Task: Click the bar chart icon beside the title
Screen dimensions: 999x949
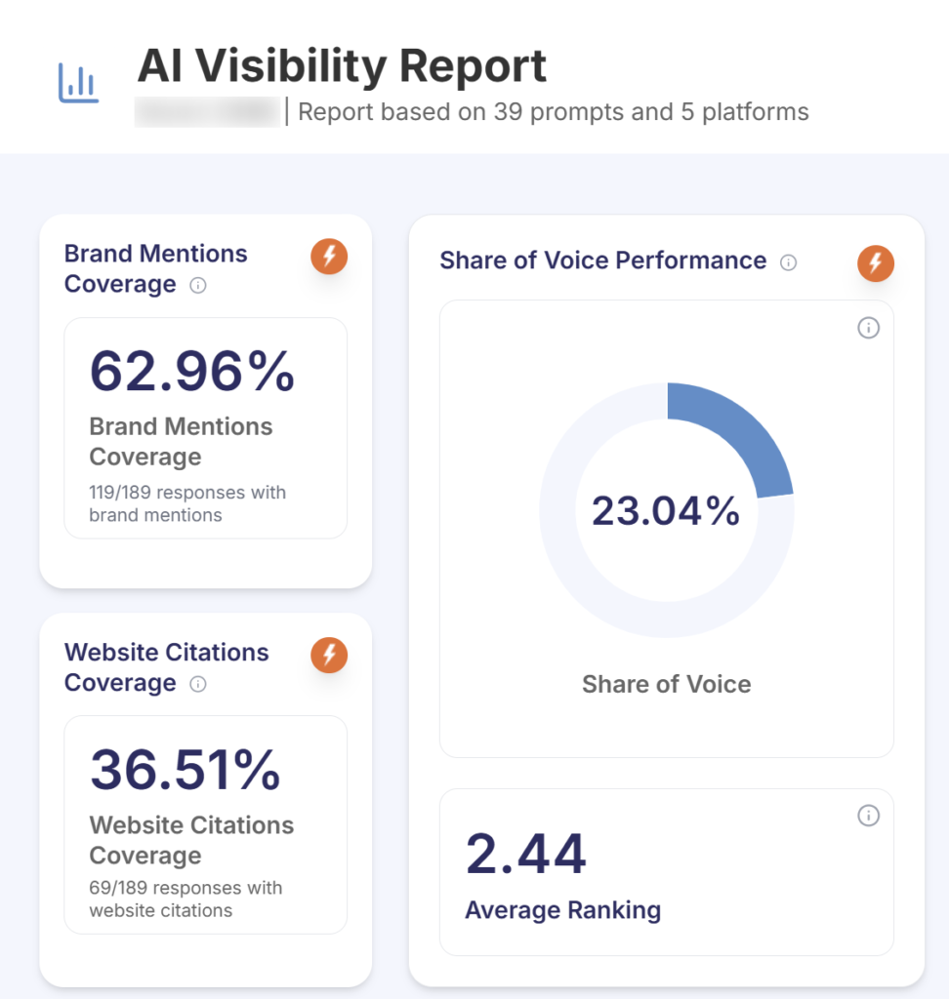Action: (79, 84)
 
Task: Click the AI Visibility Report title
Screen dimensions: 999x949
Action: (342, 66)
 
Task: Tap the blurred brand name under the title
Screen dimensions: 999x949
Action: (207, 112)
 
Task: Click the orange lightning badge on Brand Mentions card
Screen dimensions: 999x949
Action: (329, 257)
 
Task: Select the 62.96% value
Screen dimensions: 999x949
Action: (192, 372)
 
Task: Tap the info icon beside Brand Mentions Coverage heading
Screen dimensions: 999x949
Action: (197, 286)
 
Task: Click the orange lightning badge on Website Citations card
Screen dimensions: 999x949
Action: (329, 655)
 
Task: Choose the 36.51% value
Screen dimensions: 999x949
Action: (186, 770)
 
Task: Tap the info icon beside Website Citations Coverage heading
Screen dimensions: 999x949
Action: (197, 684)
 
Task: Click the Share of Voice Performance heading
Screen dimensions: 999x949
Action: (602, 260)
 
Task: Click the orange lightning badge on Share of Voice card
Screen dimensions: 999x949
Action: (876, 262)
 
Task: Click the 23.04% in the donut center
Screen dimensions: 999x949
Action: (666, 510)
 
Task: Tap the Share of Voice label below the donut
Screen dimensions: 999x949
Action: (666, 684)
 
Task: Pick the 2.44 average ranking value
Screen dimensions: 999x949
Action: (525, 854)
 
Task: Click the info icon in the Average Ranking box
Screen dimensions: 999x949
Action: (868, 816)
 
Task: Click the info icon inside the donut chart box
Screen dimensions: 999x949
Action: (868, 328)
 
